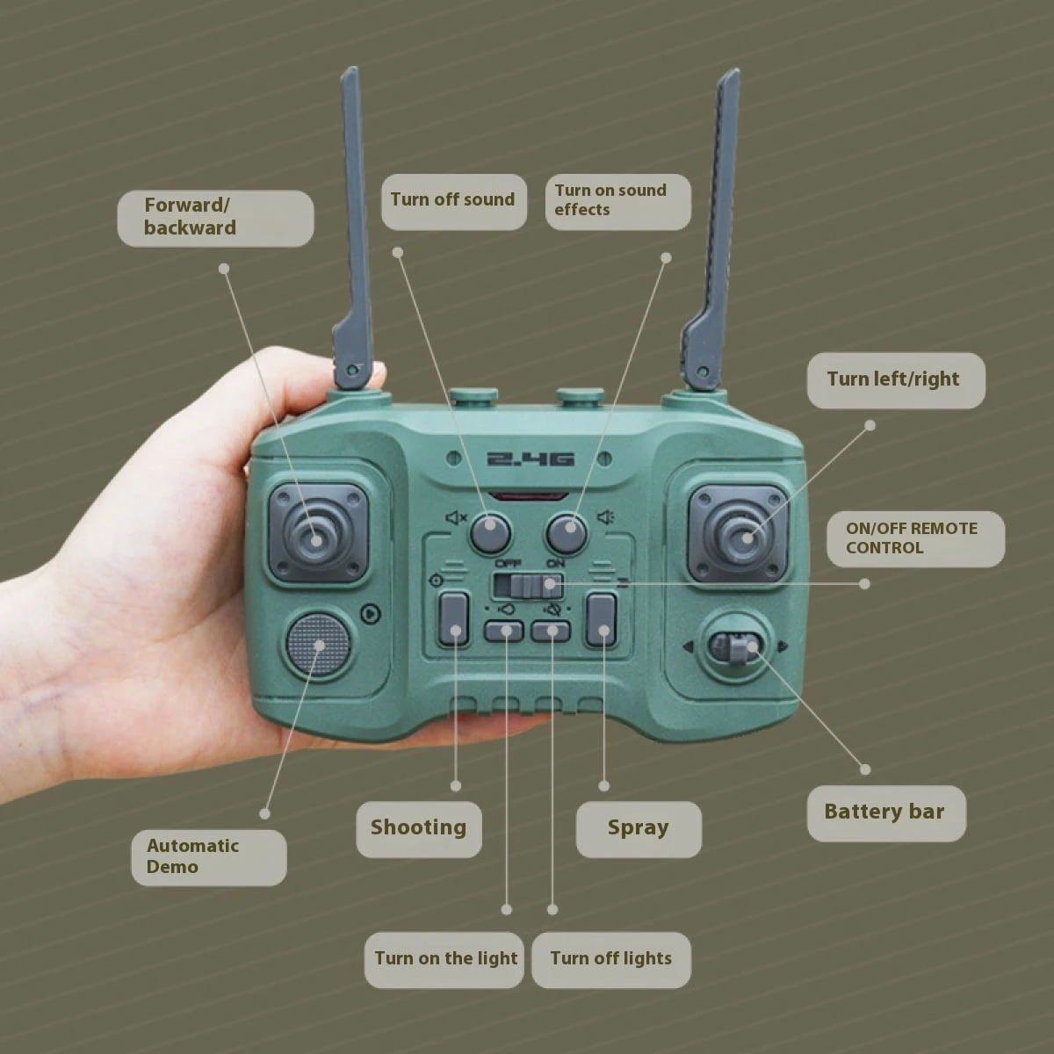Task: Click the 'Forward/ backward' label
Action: coord(215,218)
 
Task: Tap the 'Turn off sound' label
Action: coord(453,201)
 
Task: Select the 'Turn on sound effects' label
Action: coord(618,201)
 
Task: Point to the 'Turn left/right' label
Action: coord(896,380)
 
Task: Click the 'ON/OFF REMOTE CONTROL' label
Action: coord(915,538)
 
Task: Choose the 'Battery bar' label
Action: coord(886,813)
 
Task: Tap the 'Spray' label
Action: coord(639,829)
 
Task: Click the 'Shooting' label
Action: coord(419,829)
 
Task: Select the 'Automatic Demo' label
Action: coord(209,857)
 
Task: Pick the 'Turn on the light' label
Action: coord(444,960)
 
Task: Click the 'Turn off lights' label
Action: coord(611,960)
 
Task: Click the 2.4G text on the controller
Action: coord(531,458)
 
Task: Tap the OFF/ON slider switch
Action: coord(528,585)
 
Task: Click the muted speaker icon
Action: coord(456,516)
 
